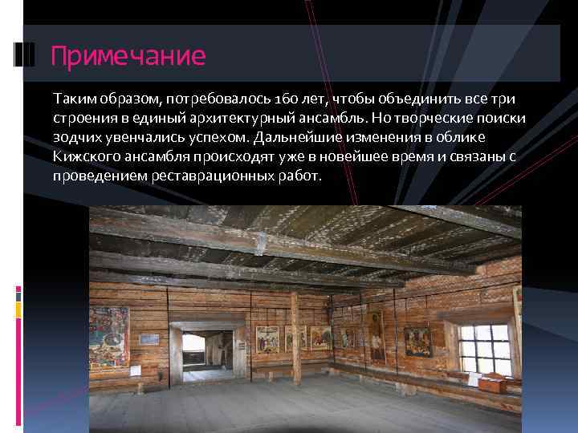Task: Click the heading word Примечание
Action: click(x=128, y=56)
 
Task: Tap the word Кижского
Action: click(x=80, y=156)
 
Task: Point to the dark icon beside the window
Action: click(x=417, y=342)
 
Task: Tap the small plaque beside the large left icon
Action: click(x=149, y=340)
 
